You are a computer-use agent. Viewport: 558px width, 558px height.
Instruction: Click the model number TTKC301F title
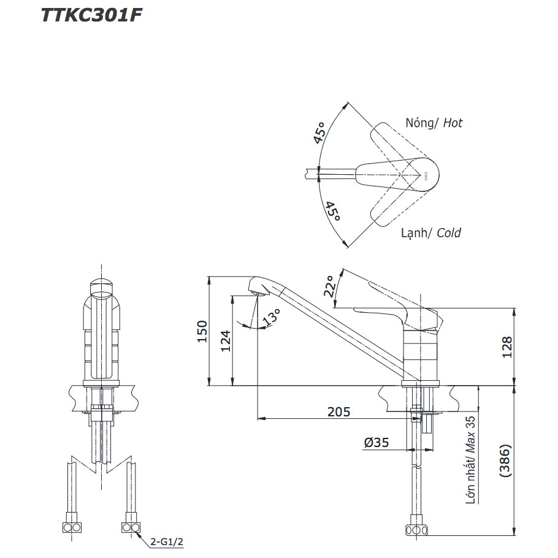click(x=91, y=16)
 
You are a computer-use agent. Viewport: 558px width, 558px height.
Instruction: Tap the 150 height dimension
click(x=202, y=331)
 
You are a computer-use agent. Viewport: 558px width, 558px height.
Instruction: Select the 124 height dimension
click(x=226, y=341)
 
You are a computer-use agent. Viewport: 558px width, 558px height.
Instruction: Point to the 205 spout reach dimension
click(x=338, y=411)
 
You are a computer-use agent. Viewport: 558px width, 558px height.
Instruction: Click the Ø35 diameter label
click(x=376, y=442)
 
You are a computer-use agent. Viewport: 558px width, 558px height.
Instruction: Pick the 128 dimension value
click(x=507, y=346)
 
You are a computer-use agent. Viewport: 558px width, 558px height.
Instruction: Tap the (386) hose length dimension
click(x=505, y=461)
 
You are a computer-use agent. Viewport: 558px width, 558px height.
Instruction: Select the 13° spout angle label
click(x=272, y=317)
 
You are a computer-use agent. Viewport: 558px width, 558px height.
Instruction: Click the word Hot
click(x=453, y=123)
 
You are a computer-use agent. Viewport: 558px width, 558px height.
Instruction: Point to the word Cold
click(x=449, y=233)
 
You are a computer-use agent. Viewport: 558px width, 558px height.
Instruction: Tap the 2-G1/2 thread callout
click(x=167, y=541)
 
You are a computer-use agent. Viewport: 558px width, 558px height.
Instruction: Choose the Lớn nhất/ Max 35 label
click(x=470, y=460)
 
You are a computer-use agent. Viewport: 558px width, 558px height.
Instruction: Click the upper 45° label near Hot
click(x=320, y=132)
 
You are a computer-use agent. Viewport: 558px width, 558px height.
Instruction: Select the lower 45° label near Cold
click(x=333, y=211)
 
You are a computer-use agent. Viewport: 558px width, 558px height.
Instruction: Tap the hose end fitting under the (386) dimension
click(x=416, y=530)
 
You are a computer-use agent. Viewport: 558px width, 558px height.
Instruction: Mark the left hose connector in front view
click(x=72, y=527)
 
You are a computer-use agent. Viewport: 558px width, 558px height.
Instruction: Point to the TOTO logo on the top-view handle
click(x=426, y=175)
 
